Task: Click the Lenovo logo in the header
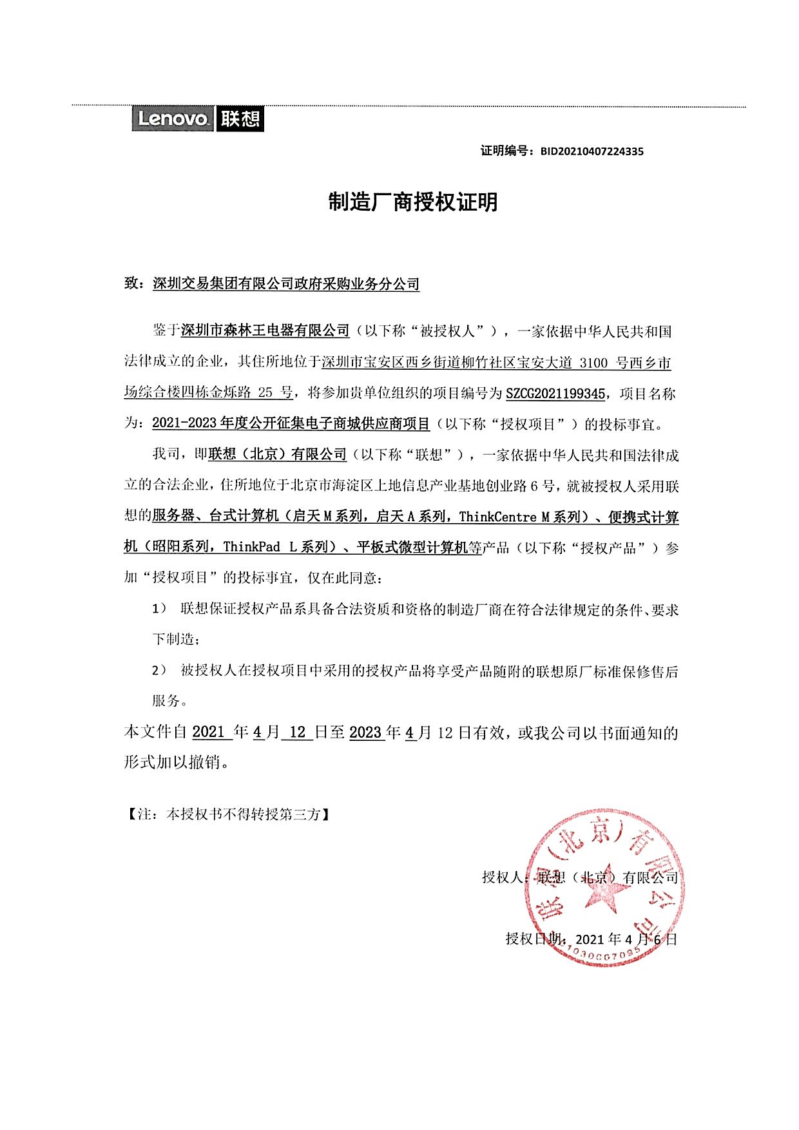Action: [173, 119]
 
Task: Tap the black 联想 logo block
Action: [240, 119]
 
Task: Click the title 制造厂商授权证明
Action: [413, 202]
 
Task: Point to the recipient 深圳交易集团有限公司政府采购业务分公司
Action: [286, 283]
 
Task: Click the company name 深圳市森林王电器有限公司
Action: [265, 331]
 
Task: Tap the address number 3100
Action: [593, 363]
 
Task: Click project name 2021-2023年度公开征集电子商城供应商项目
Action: [291, 424]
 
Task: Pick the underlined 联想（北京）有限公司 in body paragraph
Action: [277, 455]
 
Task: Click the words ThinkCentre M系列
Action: [520, 516]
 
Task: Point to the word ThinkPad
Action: [251, 547]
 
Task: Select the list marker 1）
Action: [159, 609]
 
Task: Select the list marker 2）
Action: [159, 671]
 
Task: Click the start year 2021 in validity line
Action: [208, 733]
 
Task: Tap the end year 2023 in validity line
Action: [365, 733]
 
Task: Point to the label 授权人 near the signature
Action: [503, 877]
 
